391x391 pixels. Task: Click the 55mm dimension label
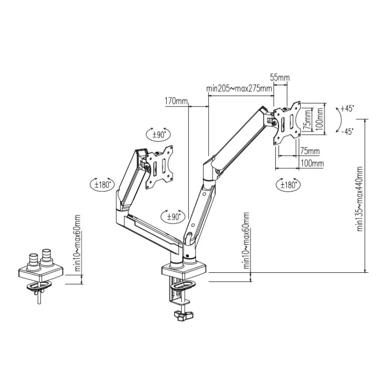(x=280, y=78)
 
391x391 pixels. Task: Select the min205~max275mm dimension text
(x=239, y=88)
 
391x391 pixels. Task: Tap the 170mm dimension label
(x=176, y=102)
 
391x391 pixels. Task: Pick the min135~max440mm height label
(x=360, y=198)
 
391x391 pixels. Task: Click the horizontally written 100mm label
(x=312, y=164)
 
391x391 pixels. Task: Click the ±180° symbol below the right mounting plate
(x=289, y=185)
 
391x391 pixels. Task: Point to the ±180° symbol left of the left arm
(x=103, y=184)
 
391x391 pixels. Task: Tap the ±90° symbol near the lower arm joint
(x=172, y=215)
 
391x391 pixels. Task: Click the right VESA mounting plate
(x=287, y=123)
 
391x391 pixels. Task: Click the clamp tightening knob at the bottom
(x=183, y=316)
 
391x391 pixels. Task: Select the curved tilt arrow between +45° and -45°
(x=338, y=119)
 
